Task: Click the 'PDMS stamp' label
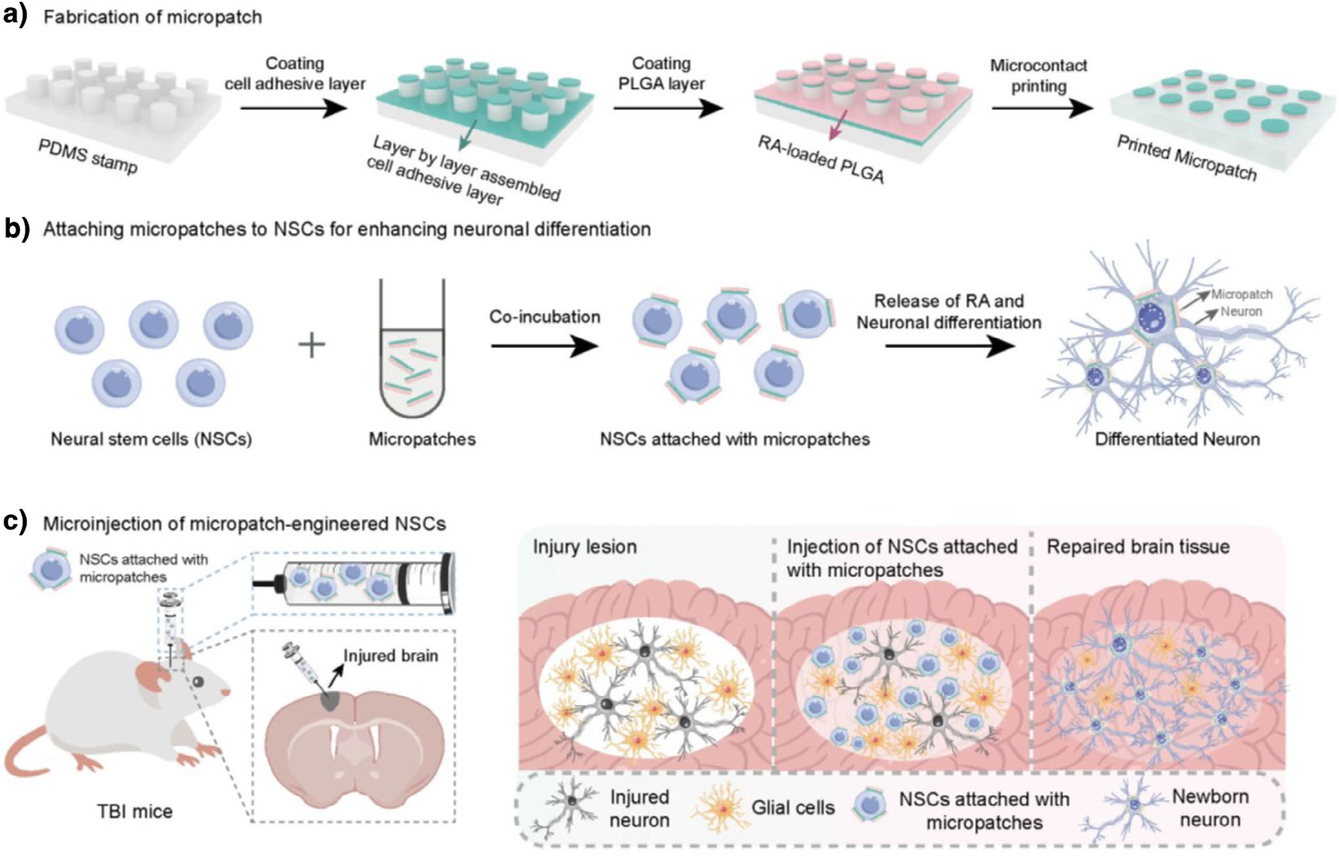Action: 88,156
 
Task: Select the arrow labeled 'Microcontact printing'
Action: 1042,108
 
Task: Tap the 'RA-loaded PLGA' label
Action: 821,159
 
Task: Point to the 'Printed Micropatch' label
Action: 1186,157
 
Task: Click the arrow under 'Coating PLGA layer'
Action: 668,108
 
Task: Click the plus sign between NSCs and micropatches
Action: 311,345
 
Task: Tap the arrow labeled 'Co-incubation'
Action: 544,346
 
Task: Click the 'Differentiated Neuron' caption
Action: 1177,439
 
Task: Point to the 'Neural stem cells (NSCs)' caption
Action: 151,439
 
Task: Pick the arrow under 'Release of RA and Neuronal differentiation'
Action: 949,346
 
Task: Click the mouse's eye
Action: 198,681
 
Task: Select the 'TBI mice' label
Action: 134,811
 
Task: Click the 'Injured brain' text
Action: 391,656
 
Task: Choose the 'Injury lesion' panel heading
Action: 585,547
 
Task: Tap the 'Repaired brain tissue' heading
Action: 1138,547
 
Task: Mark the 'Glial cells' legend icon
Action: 720,809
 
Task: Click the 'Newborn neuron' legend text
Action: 1210,808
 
